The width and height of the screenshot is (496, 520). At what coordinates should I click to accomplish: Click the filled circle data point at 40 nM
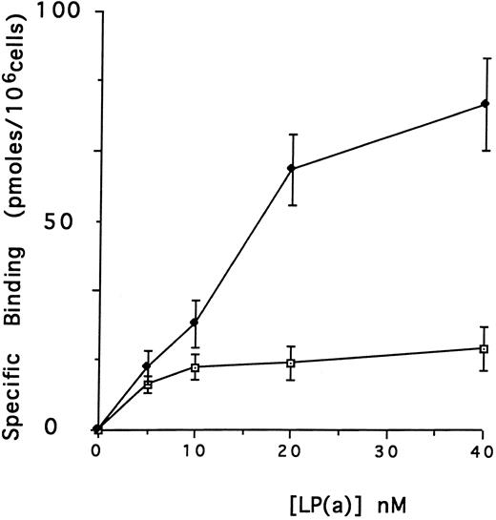pyautogui.click(x=485, y=103)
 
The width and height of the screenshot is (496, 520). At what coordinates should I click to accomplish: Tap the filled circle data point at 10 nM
pyautogui.click(x=195, y=322)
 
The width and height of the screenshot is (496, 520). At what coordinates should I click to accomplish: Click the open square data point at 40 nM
pyautogui.click(x=484, y=349)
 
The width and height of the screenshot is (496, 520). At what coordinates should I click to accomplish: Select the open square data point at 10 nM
pyautogui.click(x=195, y=367)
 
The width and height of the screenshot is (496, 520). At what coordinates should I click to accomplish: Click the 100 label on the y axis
pyautogui.click(x=63, y=13)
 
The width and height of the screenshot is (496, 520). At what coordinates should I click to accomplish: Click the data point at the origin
pyautogui.click(x=97, y=429)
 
